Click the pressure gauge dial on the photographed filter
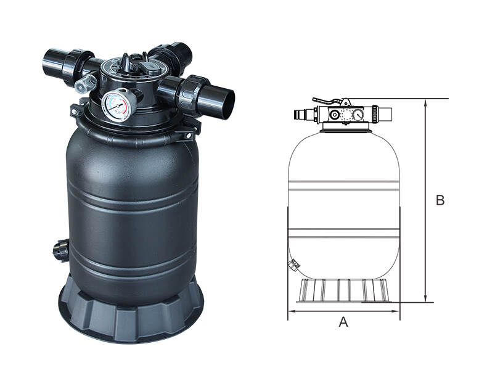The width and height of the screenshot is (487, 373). tap(117, 105)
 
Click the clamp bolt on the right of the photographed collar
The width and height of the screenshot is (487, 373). tap(188, 135)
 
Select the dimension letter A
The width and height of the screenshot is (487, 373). tap(343, 322)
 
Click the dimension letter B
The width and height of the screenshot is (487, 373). tap(440, 200)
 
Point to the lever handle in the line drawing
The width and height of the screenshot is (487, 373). tap(329, 101)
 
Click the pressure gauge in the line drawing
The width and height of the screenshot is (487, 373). tap(358, 115)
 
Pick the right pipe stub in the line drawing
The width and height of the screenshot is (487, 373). tap(386, 114)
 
